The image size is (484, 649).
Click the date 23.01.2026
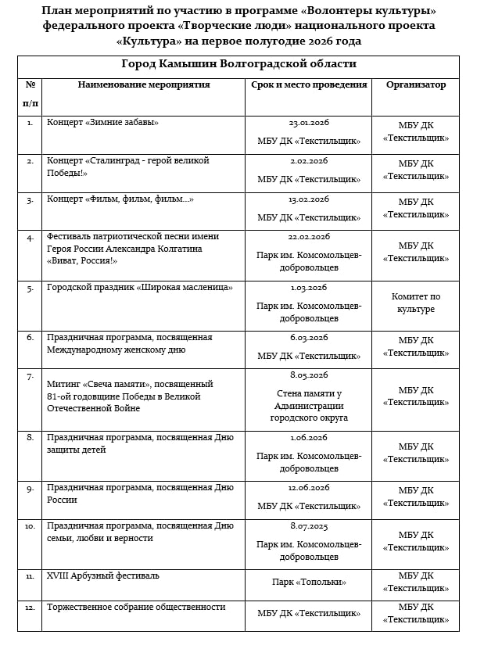click(x=309, y=123)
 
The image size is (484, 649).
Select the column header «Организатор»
click(x=415, y=85)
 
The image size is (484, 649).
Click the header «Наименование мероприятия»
click(x=144, y=85)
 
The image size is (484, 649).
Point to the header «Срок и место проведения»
click(x=309, y=85)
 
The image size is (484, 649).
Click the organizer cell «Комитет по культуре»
click(x=415, y=303)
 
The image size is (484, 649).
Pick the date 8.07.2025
click(x=309, y=526)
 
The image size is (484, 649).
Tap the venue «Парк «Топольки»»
click(x=309, y=582)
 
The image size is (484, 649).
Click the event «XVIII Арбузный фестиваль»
click(x=103, y=576)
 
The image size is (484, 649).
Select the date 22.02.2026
click(x=309, y=237)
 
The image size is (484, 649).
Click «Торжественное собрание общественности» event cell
click(x=136, y=608)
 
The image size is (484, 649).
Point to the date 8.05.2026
click(x=309, y=375)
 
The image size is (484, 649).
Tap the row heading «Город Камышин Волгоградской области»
click(x=238, y=64)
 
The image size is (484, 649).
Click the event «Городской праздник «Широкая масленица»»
click(x=140, y=288)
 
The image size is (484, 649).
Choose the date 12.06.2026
click(x=309, y=488)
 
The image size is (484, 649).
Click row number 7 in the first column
click(x=30, y=377)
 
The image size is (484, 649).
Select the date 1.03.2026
click(x=309, y=288)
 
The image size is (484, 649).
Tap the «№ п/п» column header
click(x=30, y=93)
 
